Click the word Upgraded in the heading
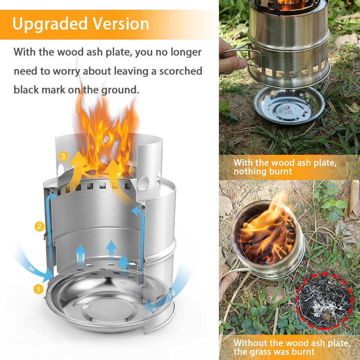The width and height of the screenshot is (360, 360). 50,24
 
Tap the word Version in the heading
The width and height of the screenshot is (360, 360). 121,24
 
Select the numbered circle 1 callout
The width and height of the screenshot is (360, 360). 39,289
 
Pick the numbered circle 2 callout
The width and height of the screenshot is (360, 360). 39,227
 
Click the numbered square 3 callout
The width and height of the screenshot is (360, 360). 63,156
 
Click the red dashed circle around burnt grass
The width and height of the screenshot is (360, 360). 324,301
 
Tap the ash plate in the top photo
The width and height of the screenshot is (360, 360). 289,105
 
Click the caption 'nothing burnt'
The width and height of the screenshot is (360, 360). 263,171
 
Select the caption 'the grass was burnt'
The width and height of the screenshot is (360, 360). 274,351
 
